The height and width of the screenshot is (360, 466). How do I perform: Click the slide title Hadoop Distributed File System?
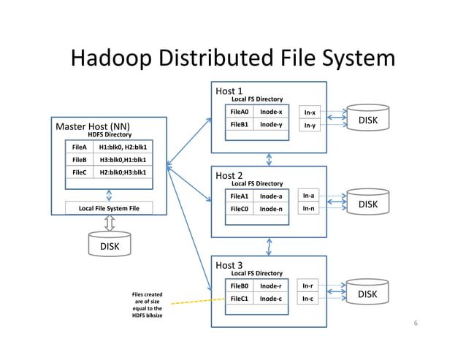(x=232, y=58)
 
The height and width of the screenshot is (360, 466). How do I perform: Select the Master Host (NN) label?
(x=93, y=126)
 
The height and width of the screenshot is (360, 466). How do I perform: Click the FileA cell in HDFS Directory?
(x=79, y=147)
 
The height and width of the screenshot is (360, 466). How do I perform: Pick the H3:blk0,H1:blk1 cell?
(x=123, y=159)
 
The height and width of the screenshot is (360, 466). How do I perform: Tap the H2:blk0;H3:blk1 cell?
(x=123, y=172)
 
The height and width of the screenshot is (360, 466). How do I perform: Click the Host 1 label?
(x=229, y=91)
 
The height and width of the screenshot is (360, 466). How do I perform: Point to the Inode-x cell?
(x=270, y=112)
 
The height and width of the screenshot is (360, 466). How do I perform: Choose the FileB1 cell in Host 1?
(x=240, y=125)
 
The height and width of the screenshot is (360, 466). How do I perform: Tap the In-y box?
(x=310, y=126)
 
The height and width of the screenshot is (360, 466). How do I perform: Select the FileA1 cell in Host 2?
(x=240, y=196)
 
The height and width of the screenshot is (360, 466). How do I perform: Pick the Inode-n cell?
(x=270, y=209)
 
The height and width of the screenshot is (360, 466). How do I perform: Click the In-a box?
(x=310, y=196)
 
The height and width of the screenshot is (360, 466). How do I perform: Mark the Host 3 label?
(x=229, y=265)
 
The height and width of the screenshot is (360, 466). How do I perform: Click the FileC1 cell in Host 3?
(x=240, y=299)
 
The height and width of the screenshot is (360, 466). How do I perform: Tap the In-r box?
(x=310, y=286)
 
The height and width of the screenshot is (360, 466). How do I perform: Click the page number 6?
(x=415, y=323)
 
